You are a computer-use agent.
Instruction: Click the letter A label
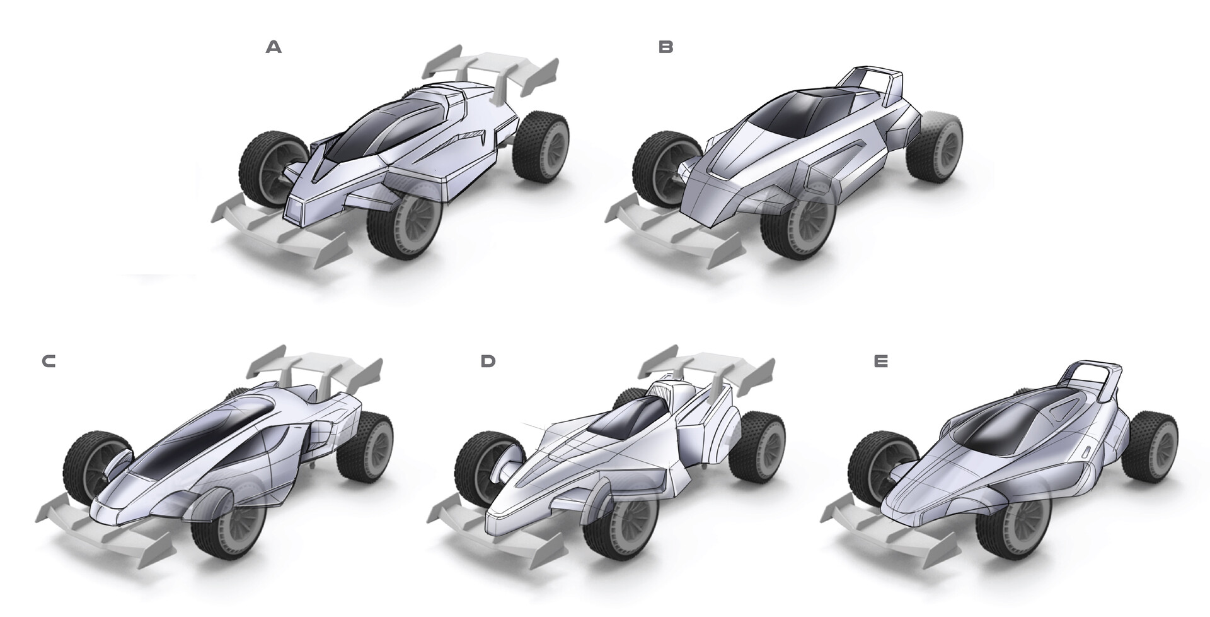[x=274, y=47]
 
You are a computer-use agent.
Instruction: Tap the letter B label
[x=665, y=47]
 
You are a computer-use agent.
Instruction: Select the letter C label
[x=49, y=361]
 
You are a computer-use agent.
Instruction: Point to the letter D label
[x=488, y=361]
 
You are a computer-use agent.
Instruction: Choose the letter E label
[x=881, y=361]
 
